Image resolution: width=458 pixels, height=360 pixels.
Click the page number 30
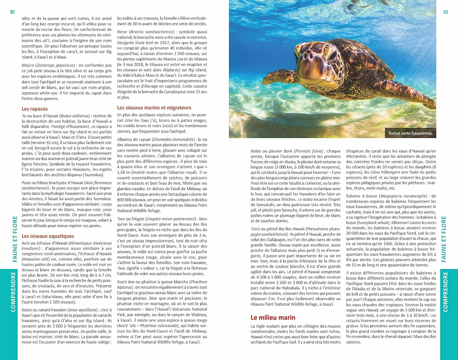tap(12, 12)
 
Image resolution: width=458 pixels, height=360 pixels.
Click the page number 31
tap(445, 12)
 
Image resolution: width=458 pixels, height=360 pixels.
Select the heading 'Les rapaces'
tap(35, 109)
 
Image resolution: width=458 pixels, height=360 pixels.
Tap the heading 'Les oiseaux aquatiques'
tap(48, 236)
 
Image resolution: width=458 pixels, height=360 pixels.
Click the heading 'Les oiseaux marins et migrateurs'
tap(154, 108)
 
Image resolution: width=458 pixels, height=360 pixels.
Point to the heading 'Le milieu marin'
tap(273, 318)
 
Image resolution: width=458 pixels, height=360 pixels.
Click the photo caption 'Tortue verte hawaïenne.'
tap(410, 133)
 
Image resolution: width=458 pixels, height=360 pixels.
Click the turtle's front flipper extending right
tap(406, 92)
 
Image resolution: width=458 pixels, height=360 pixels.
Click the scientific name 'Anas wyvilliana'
tap(83, 310)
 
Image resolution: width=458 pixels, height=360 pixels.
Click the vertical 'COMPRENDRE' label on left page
tap(13, 292)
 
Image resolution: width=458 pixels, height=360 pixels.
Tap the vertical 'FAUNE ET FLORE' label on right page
tap(444, 239)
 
